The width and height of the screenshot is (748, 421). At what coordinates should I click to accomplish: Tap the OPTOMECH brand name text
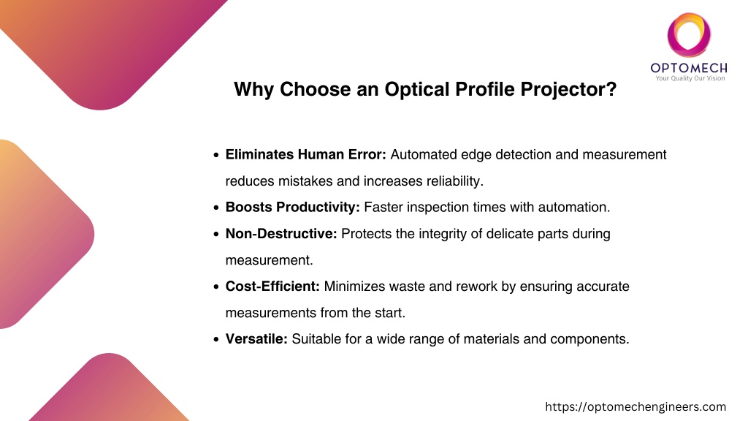click(x=689, y=68)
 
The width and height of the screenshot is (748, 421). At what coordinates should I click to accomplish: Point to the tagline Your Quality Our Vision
click(x=690, y=78)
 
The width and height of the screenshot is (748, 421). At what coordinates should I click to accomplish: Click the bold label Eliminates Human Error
click(x=306, y=155)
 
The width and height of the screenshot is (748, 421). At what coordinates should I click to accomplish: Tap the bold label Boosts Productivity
click(x=293, y=207)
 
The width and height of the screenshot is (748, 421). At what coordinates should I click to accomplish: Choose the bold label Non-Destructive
click(x=281, y=233)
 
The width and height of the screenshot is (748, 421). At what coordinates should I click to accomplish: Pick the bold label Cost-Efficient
click(x=273, y=286)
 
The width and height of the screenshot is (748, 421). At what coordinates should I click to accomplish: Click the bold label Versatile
click(x=256, y=339)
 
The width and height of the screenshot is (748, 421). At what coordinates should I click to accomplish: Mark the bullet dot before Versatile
click(x=216, y=339)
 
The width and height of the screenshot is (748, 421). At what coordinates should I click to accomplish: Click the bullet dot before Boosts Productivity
click(x=216, y=208)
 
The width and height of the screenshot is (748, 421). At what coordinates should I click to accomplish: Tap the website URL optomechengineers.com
click(x=636, y=406)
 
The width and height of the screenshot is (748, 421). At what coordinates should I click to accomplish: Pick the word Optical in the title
click(x=417, y=90)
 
